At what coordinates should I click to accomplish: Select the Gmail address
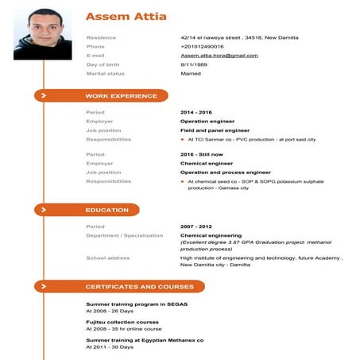219,56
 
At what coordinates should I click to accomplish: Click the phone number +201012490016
202,46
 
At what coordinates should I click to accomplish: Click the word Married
191,74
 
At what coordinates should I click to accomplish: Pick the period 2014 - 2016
196,112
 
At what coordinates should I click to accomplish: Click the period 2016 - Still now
202,154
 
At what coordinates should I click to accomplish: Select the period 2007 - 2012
196,226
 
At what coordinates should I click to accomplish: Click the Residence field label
101,37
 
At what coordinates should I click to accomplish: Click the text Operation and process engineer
225,172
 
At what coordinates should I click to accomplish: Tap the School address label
107,257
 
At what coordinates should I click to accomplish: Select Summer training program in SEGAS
136,304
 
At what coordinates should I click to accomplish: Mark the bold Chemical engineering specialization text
211,235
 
